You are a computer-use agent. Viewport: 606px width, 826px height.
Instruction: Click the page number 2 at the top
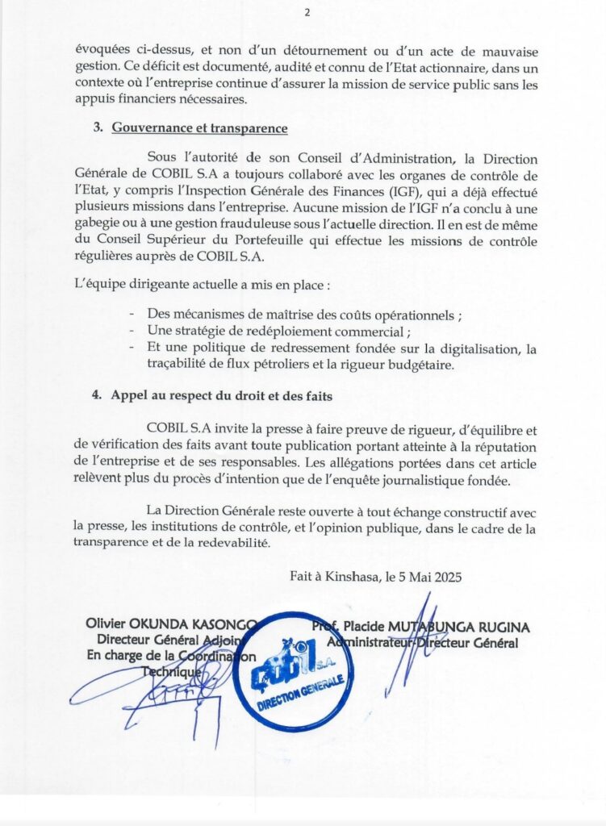tap(307, 12)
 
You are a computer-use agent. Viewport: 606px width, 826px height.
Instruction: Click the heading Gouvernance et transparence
tap(199, 127)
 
